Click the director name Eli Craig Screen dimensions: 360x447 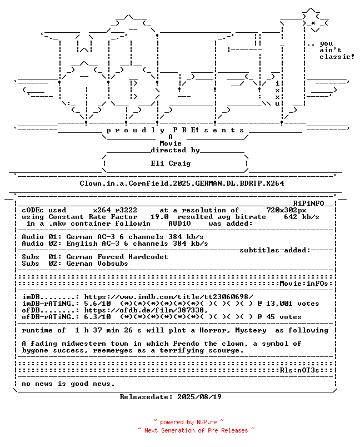coord(171,163)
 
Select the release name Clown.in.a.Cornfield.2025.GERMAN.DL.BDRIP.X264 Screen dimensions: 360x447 coord(182,183)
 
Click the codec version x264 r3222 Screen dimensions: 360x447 coord(115,210)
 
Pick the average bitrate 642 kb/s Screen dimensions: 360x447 coord(301,217)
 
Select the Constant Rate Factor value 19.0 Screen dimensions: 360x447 coord(159,217)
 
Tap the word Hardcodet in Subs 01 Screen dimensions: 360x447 coord(148,257)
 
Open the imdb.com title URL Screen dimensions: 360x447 coord(168,297)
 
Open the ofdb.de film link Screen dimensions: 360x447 coord(146,310)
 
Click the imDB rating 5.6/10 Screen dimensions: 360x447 coord(97,304)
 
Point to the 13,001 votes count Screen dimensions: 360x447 coord(292,304)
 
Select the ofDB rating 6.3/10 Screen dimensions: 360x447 coord(97,317)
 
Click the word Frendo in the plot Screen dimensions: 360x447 coord(186,344)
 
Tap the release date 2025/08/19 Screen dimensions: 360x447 coord(199,397)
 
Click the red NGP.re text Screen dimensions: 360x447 coord(206,422)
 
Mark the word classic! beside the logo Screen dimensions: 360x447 coord(337,57)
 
